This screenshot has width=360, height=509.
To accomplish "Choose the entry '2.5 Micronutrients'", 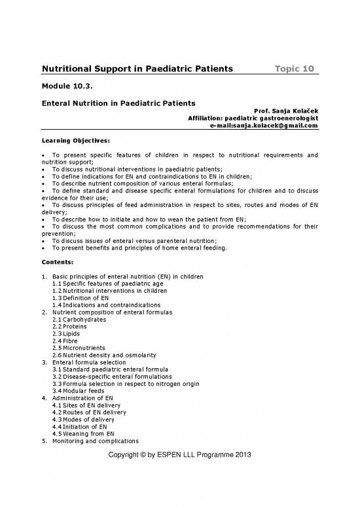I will pyautogui.click(x=81, y=348).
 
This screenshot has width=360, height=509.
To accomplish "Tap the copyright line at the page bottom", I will pyautogui.click(x=180, y=455).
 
